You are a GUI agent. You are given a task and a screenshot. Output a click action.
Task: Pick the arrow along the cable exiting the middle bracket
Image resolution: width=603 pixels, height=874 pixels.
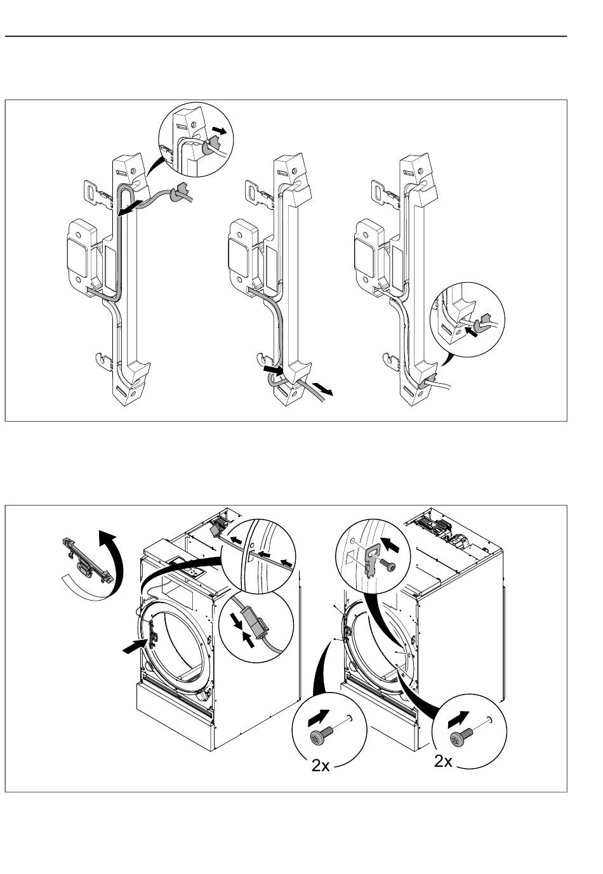click(323, 389)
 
